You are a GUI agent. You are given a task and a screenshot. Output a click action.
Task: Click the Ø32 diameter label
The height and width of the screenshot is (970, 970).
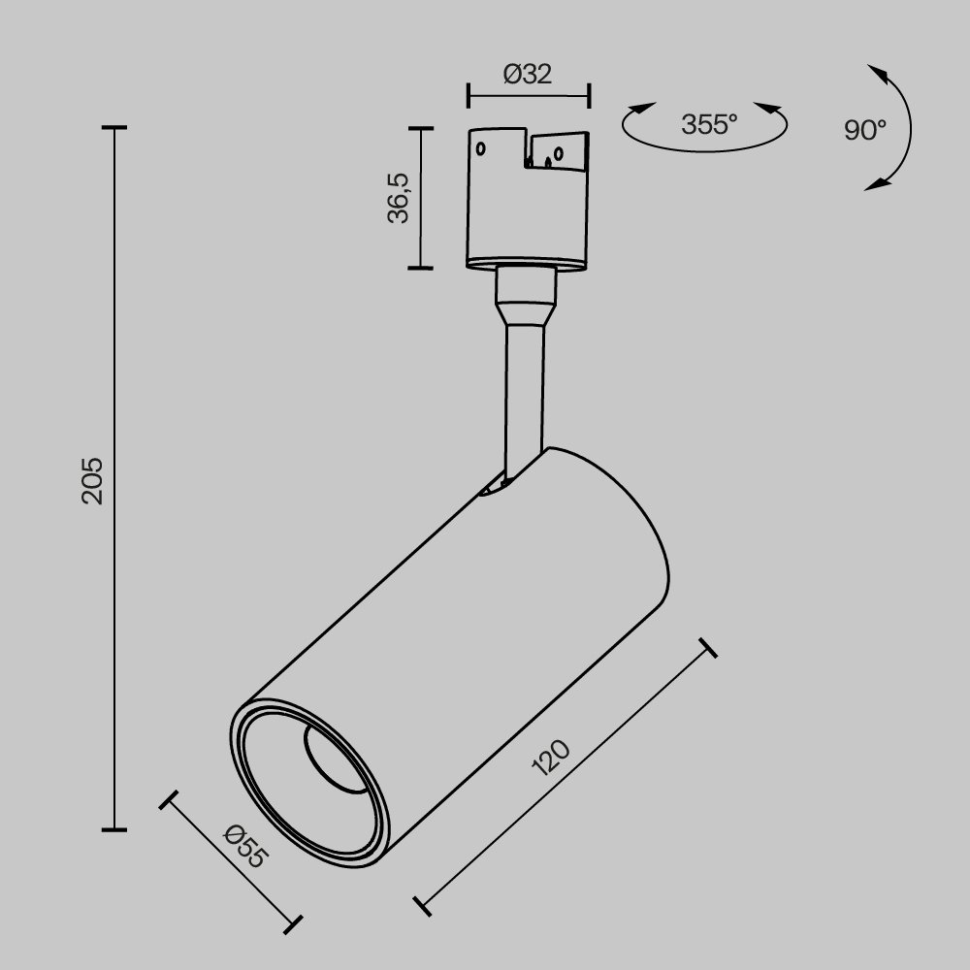[x=529, y=75]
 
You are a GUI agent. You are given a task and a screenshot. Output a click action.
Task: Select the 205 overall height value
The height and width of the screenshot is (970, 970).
[x=92, y=479]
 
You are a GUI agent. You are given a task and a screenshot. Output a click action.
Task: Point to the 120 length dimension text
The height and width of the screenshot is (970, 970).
[x=552, y=760]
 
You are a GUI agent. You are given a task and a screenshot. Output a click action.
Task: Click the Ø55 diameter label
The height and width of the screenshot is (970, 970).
[x=243, y=847]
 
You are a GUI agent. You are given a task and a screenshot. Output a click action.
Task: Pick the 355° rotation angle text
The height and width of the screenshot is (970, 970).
[x=709, y=125]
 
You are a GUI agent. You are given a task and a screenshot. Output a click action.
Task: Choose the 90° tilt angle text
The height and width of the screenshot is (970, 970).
[x=864, y=130]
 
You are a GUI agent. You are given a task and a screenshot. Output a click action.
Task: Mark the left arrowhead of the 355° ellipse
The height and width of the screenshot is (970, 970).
[x=640, y=110]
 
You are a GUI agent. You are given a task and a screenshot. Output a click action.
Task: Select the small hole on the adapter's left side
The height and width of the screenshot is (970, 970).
[x=479, y=149]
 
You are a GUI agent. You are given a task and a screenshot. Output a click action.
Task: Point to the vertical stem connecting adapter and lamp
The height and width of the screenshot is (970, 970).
[x=524, y=388]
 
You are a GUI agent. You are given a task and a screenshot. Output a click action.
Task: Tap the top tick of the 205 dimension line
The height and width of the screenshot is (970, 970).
[x=114, y=127]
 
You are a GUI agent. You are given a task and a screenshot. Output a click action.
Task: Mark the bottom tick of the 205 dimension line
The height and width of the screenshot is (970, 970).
[x=114, y=829]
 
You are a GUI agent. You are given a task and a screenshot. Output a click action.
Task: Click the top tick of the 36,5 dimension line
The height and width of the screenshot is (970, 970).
[x=420, y=128]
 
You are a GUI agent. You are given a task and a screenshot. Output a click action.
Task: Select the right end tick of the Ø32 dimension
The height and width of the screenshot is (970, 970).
[x=590, y=96]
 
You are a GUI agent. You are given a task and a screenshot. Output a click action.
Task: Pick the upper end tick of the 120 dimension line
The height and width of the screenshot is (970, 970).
[x=708, y=648]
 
